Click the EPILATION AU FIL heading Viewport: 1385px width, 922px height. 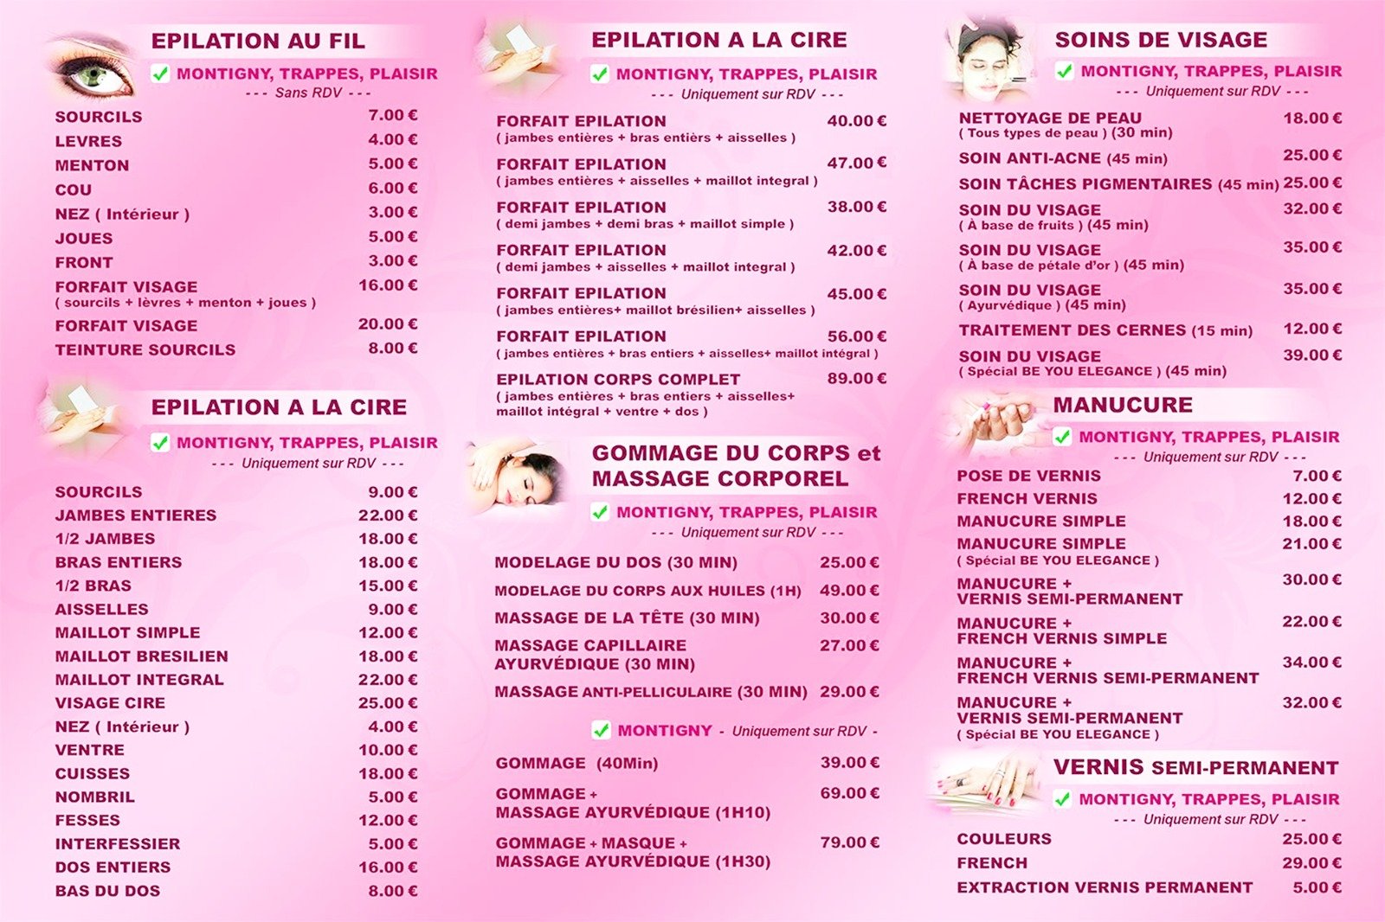[258, 41]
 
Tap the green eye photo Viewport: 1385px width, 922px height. [93, 71]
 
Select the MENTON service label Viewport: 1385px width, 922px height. [92, 165]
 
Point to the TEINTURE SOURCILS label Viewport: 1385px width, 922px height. [145, 349]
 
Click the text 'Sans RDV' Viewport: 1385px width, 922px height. [308, 93]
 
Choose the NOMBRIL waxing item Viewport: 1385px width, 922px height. [94, 797]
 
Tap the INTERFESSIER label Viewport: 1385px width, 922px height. [118, 843]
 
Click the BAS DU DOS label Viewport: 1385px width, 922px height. [107, 890]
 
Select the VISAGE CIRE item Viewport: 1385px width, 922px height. [110, 702]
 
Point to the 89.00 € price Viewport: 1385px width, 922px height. [856, 378]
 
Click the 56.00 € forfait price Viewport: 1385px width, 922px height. [856, 336]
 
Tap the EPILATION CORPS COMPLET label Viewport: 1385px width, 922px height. [618, 379]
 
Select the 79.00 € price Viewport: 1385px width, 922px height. [849, 842]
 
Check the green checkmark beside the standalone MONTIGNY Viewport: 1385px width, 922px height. [601, 730]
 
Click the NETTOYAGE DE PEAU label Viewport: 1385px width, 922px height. [1049, 118]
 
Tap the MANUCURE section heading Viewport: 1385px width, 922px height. [1123, 405]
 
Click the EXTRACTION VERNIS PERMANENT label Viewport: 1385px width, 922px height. [1105, 887]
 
